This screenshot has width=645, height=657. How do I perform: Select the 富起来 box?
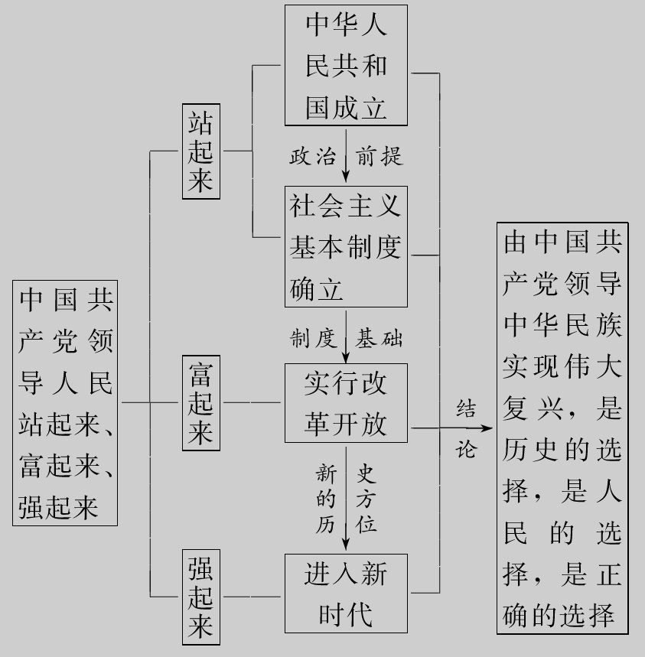pos(201,402)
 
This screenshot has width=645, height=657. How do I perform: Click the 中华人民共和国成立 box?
pos(346,66)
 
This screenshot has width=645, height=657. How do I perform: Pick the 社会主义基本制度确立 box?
pos(346,247)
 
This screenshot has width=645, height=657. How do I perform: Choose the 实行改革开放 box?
pos(346,402)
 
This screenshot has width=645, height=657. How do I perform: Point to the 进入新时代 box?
pos(346,594)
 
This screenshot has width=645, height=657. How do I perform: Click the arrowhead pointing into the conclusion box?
pos(487,428)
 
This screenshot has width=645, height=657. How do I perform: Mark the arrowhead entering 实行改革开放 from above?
pos(346,356)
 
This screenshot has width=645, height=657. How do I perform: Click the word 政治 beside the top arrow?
pos(312,157)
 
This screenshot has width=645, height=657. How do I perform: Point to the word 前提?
pos(380,157)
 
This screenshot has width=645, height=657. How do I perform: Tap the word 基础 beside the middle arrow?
pos(380,337)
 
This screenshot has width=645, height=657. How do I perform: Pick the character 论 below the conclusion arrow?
pos(465,450)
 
